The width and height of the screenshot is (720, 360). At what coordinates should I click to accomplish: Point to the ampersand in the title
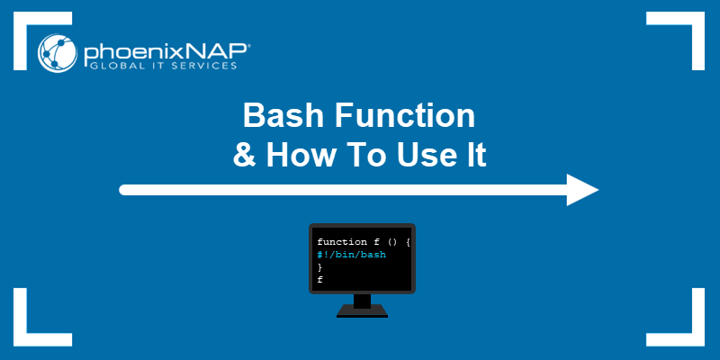[243, 155]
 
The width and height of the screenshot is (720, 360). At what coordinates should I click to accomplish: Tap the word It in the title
[473, 155]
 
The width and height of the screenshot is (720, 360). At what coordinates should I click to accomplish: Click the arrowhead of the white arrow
[581, 190]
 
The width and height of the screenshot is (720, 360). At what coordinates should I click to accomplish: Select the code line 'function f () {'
[362, 242]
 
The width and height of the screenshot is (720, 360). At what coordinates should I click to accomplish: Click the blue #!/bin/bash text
[351, 255]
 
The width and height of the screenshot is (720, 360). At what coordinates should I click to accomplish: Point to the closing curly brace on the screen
[319, 267]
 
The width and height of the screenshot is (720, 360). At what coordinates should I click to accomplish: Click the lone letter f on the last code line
[319, 280]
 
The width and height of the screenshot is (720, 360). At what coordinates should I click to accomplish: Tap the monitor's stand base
[362, 312]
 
